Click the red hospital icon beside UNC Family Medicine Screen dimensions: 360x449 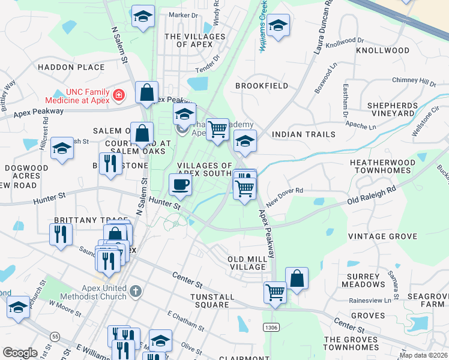119,95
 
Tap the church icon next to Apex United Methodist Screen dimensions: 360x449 136,292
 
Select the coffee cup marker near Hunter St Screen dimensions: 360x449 180,185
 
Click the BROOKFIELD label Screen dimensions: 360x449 261,86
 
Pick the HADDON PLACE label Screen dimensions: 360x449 71,67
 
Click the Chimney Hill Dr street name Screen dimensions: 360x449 414,82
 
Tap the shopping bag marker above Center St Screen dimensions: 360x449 297,278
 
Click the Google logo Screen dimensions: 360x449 20,353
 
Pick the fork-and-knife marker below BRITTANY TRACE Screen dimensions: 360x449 61,234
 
